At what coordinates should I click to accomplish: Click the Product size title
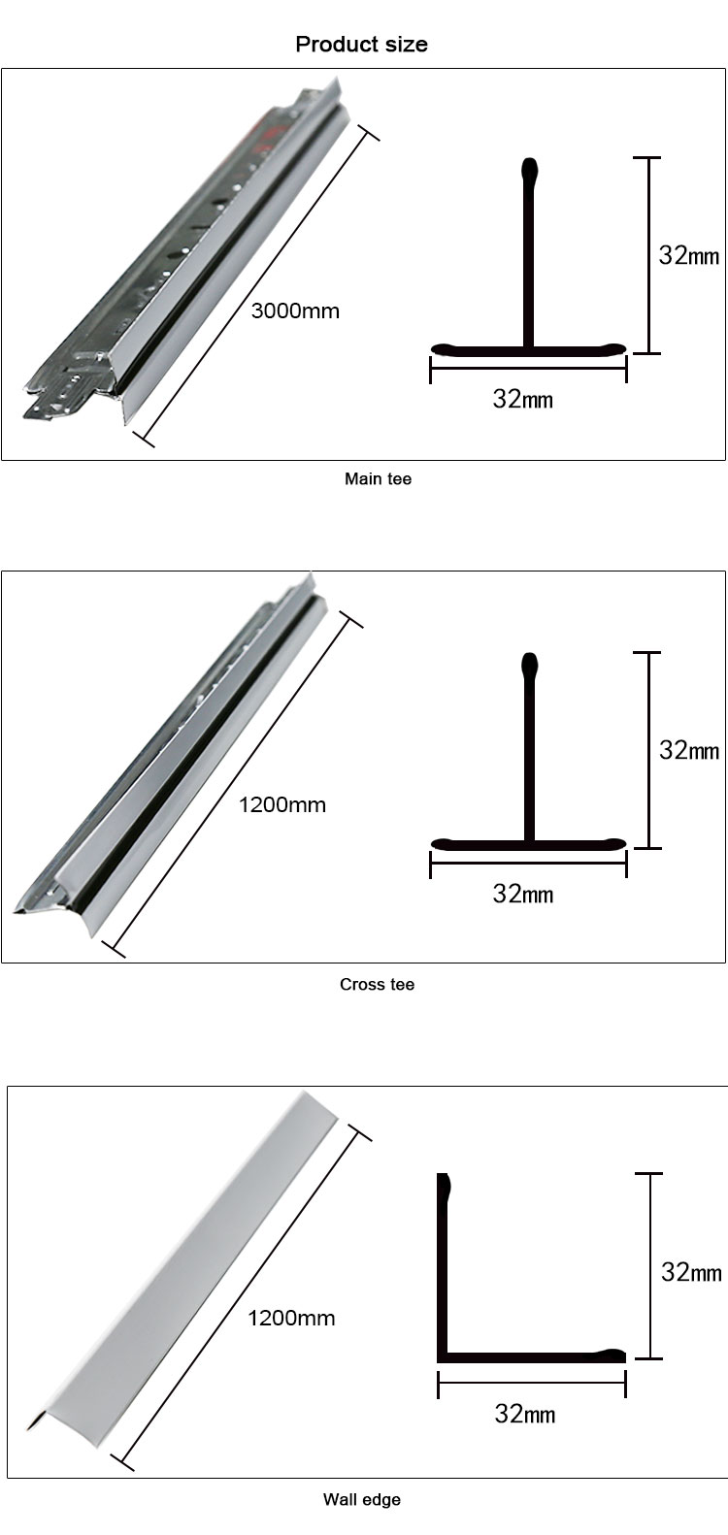pos(361,45)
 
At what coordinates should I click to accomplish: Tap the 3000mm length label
pos(295,311)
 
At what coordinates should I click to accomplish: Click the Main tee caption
pos(378,479)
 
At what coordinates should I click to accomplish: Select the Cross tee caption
pos(377,985)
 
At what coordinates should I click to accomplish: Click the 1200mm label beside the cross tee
pos(282,804)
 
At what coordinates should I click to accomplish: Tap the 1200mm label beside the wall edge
pos(291,1318)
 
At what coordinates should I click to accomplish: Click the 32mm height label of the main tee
pos(689,255)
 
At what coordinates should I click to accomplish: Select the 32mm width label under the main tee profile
pos(523,399)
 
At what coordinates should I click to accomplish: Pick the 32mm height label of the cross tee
pos(689,750)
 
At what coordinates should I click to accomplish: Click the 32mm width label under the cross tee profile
pos(523,894)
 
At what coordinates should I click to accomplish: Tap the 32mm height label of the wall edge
pos(691,1273)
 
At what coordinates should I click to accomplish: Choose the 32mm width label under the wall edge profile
pos(525,1414)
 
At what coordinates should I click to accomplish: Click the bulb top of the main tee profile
pos(529,169)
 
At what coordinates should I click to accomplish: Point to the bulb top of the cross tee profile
pos(529,664)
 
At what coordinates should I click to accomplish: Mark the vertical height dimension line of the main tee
pos(647,255)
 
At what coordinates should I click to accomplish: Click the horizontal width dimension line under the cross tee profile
pos(528,864)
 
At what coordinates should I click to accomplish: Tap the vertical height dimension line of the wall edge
pos(649,1265)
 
